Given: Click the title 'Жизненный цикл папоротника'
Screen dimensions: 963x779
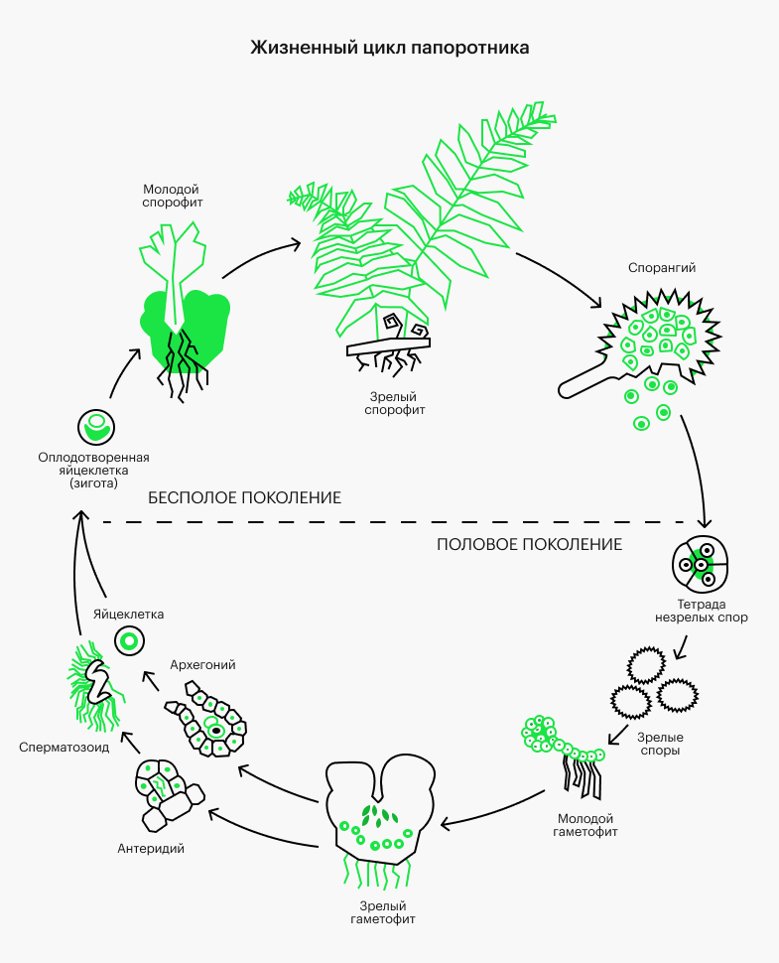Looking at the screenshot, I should click(x=389, y=48).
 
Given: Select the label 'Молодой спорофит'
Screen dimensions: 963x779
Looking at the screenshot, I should click(x=172, y=196).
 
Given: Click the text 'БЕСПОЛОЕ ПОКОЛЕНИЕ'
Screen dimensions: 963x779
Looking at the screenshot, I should click(x=244, y=497).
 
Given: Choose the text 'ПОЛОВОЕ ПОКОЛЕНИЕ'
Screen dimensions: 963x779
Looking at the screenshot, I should click(x=529, y=544).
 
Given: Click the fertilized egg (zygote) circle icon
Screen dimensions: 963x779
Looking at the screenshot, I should click(x=96, y=428).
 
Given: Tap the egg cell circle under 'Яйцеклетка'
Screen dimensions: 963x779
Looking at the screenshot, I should click(x=128, y=640).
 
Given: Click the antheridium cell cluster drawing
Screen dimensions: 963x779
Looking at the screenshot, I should click(x=166, y=792).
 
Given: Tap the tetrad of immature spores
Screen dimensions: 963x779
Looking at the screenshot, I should click(x=701, y=563).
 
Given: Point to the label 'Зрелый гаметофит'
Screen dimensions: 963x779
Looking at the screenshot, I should click(x=382, y=912).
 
